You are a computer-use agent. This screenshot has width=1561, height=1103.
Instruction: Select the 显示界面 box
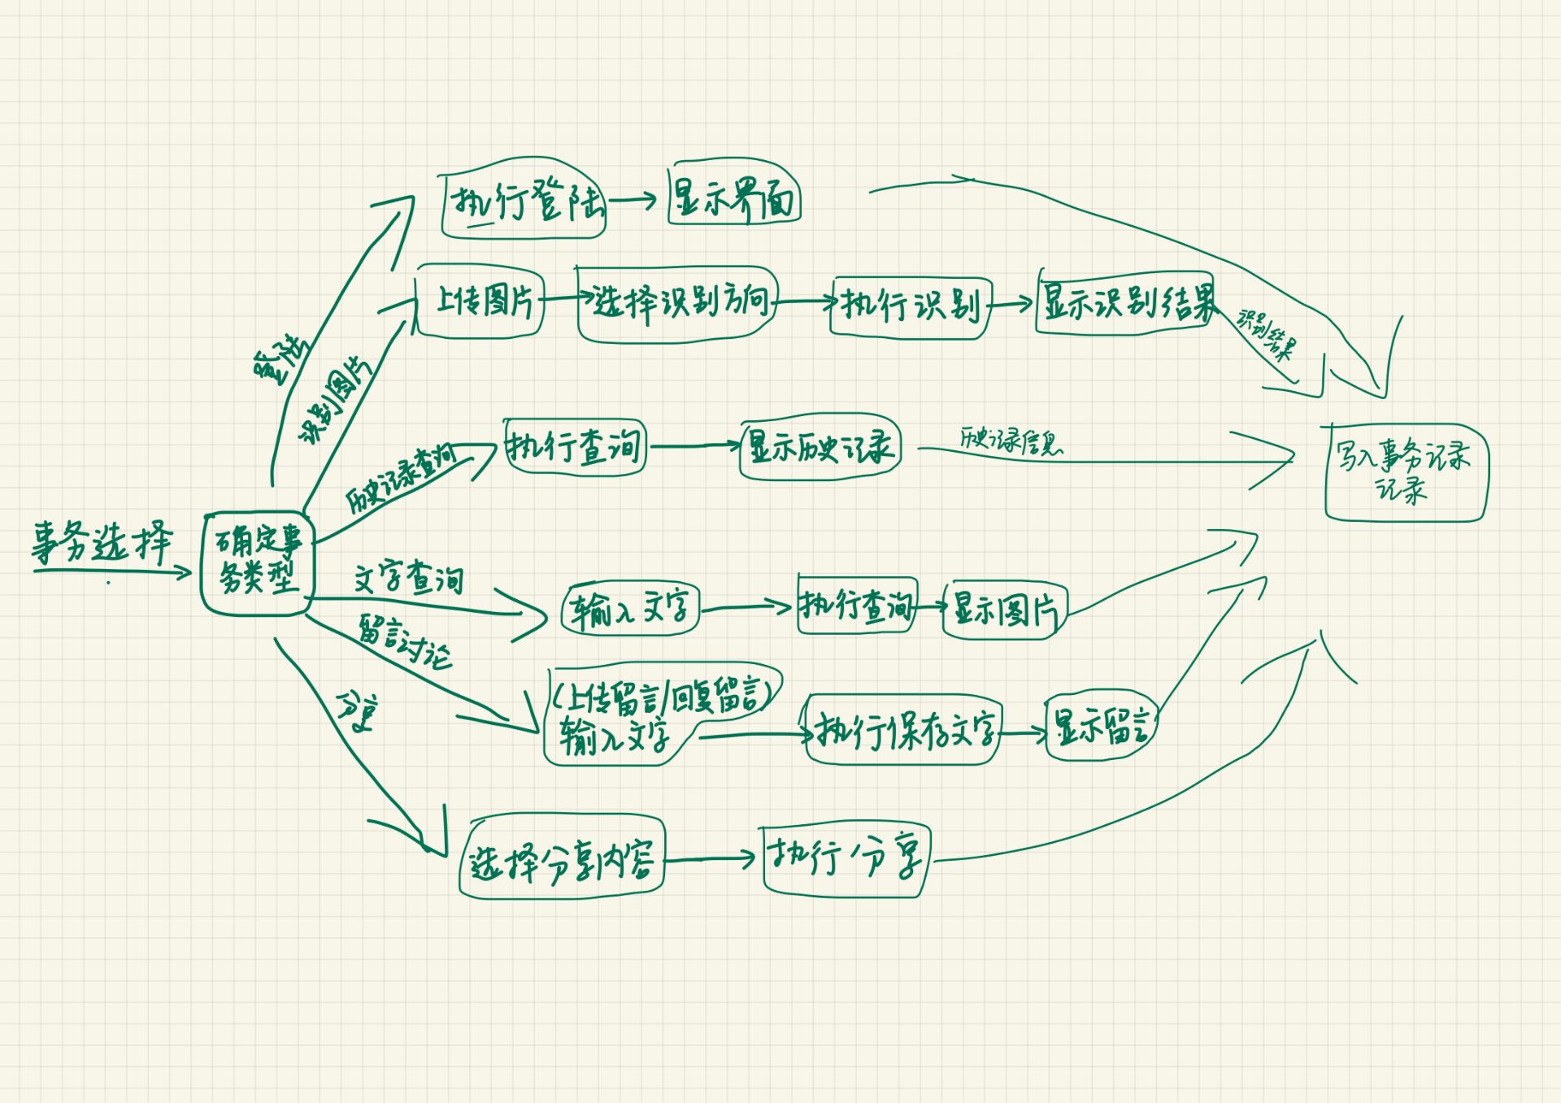coord(734,198)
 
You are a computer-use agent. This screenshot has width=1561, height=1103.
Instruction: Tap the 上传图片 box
coord(480,302)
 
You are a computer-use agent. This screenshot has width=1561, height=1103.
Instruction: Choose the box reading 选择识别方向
coord(677,303)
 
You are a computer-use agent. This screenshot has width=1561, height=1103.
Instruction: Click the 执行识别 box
coord(911,306)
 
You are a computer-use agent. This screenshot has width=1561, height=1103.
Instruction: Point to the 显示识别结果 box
coord(1126,302)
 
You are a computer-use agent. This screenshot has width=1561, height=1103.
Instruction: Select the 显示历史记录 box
coord(820,447)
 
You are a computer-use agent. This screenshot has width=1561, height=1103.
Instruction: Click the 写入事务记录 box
coord(1405,472)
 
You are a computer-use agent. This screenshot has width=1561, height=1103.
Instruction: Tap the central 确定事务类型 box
coord(257,562)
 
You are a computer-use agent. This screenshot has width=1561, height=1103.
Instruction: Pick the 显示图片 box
coord(1005,610)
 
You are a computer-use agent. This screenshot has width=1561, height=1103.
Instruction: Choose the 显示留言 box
coord(1101,726)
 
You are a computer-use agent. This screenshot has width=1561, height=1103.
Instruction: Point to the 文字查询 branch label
coord(408,578)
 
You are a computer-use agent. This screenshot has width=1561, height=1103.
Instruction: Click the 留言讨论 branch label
coord(404,641)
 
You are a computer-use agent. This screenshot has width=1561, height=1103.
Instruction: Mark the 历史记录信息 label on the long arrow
coord(1011,441)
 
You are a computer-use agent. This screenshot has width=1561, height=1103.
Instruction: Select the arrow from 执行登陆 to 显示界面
coord(632,199)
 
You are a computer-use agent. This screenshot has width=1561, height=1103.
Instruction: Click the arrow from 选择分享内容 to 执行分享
coord(710,858)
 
